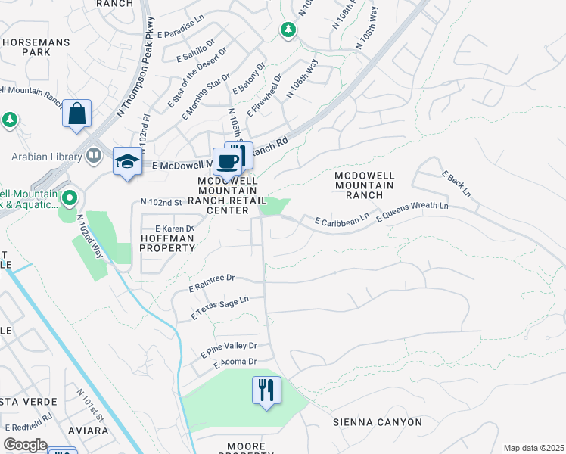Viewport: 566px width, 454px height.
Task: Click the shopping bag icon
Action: [x=77, y=114]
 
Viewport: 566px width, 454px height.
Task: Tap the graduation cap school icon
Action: [x=127, y=161]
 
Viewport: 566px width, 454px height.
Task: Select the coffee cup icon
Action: [x=227, y=161]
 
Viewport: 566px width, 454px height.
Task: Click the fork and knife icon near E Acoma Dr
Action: [x=266, y=390]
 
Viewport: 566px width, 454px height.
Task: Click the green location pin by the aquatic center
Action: [x=69, y=199]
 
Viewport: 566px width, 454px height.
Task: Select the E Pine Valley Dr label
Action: [x=229, y=350]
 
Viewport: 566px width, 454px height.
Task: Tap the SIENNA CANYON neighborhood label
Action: [x=369, y=421]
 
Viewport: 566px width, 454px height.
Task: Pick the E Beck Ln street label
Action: [x=457, y=184]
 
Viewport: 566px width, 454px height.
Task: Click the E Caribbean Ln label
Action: [x=342, y=219]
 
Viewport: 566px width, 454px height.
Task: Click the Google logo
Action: [x=25, y=445]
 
